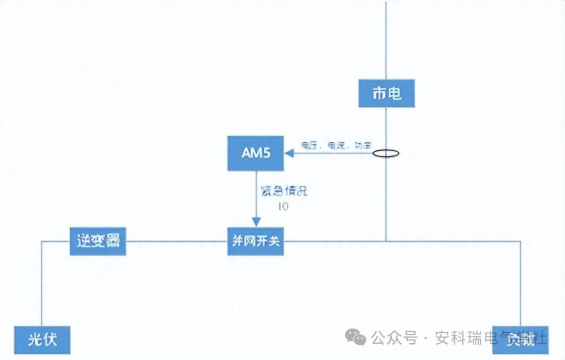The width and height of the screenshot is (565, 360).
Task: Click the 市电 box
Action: (387, 94)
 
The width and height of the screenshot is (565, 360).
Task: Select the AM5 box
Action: (256, 153)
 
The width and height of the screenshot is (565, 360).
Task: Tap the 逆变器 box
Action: (98, 241)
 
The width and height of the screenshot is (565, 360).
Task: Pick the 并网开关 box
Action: (256, 241)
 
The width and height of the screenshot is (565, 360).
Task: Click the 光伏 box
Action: (42, 341)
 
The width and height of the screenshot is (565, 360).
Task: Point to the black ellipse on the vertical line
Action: (386, 154)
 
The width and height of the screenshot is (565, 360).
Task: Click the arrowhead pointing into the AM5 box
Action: (288, 153)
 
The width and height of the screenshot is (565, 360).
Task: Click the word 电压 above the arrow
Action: (309, 145)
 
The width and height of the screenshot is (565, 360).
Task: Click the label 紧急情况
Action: (283, 191)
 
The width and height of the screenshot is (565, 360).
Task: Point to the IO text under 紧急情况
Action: (283, 206)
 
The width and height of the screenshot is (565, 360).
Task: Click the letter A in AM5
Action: (245, 153)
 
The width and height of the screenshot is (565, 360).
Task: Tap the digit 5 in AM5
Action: (266, 153)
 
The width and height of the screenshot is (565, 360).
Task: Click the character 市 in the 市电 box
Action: (379, 94)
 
